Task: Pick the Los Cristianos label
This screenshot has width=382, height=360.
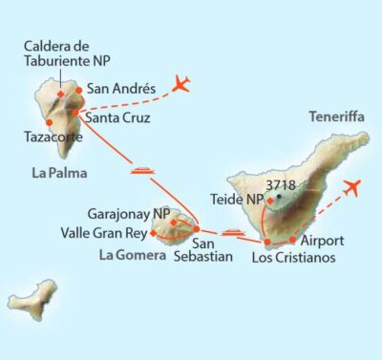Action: click(293, 257)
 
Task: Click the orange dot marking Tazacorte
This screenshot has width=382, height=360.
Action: click(48, 121)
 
